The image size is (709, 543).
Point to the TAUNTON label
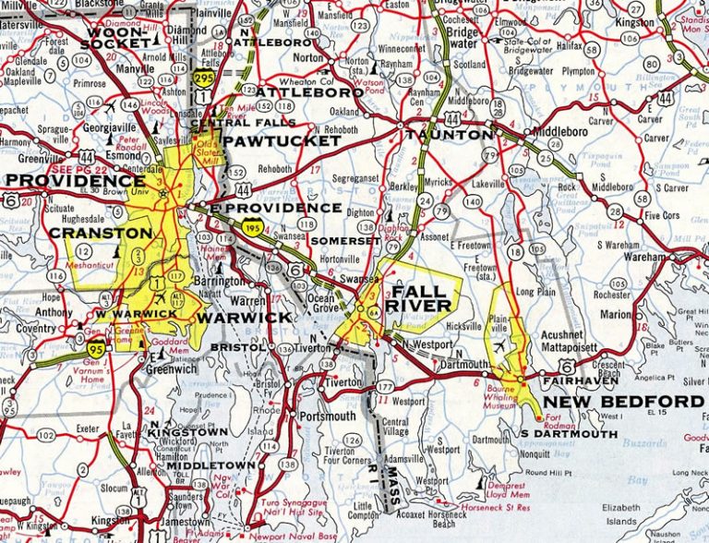pyautogui.click(x=450, y=135)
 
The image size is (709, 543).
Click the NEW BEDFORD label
pyautogui.click(x=623, y=402)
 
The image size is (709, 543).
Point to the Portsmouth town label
pyautogui.click(x=328, y=416)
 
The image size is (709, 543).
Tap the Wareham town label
pyautogui.click(x=644, y=257)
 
